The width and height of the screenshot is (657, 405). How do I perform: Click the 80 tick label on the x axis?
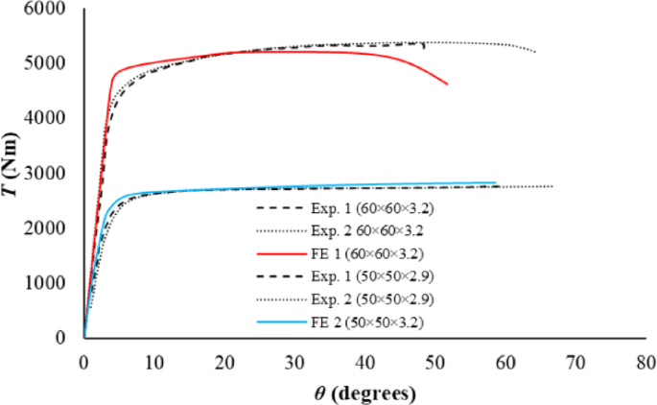(x=645, y=363)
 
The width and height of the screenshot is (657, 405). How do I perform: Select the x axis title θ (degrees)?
(x=364, y=393)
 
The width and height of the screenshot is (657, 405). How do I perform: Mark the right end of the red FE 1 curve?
(x=447, y=84)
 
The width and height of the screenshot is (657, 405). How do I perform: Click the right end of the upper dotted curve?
(x=535, y=52)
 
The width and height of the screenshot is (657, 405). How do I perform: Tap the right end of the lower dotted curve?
(x=553, y=186)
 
